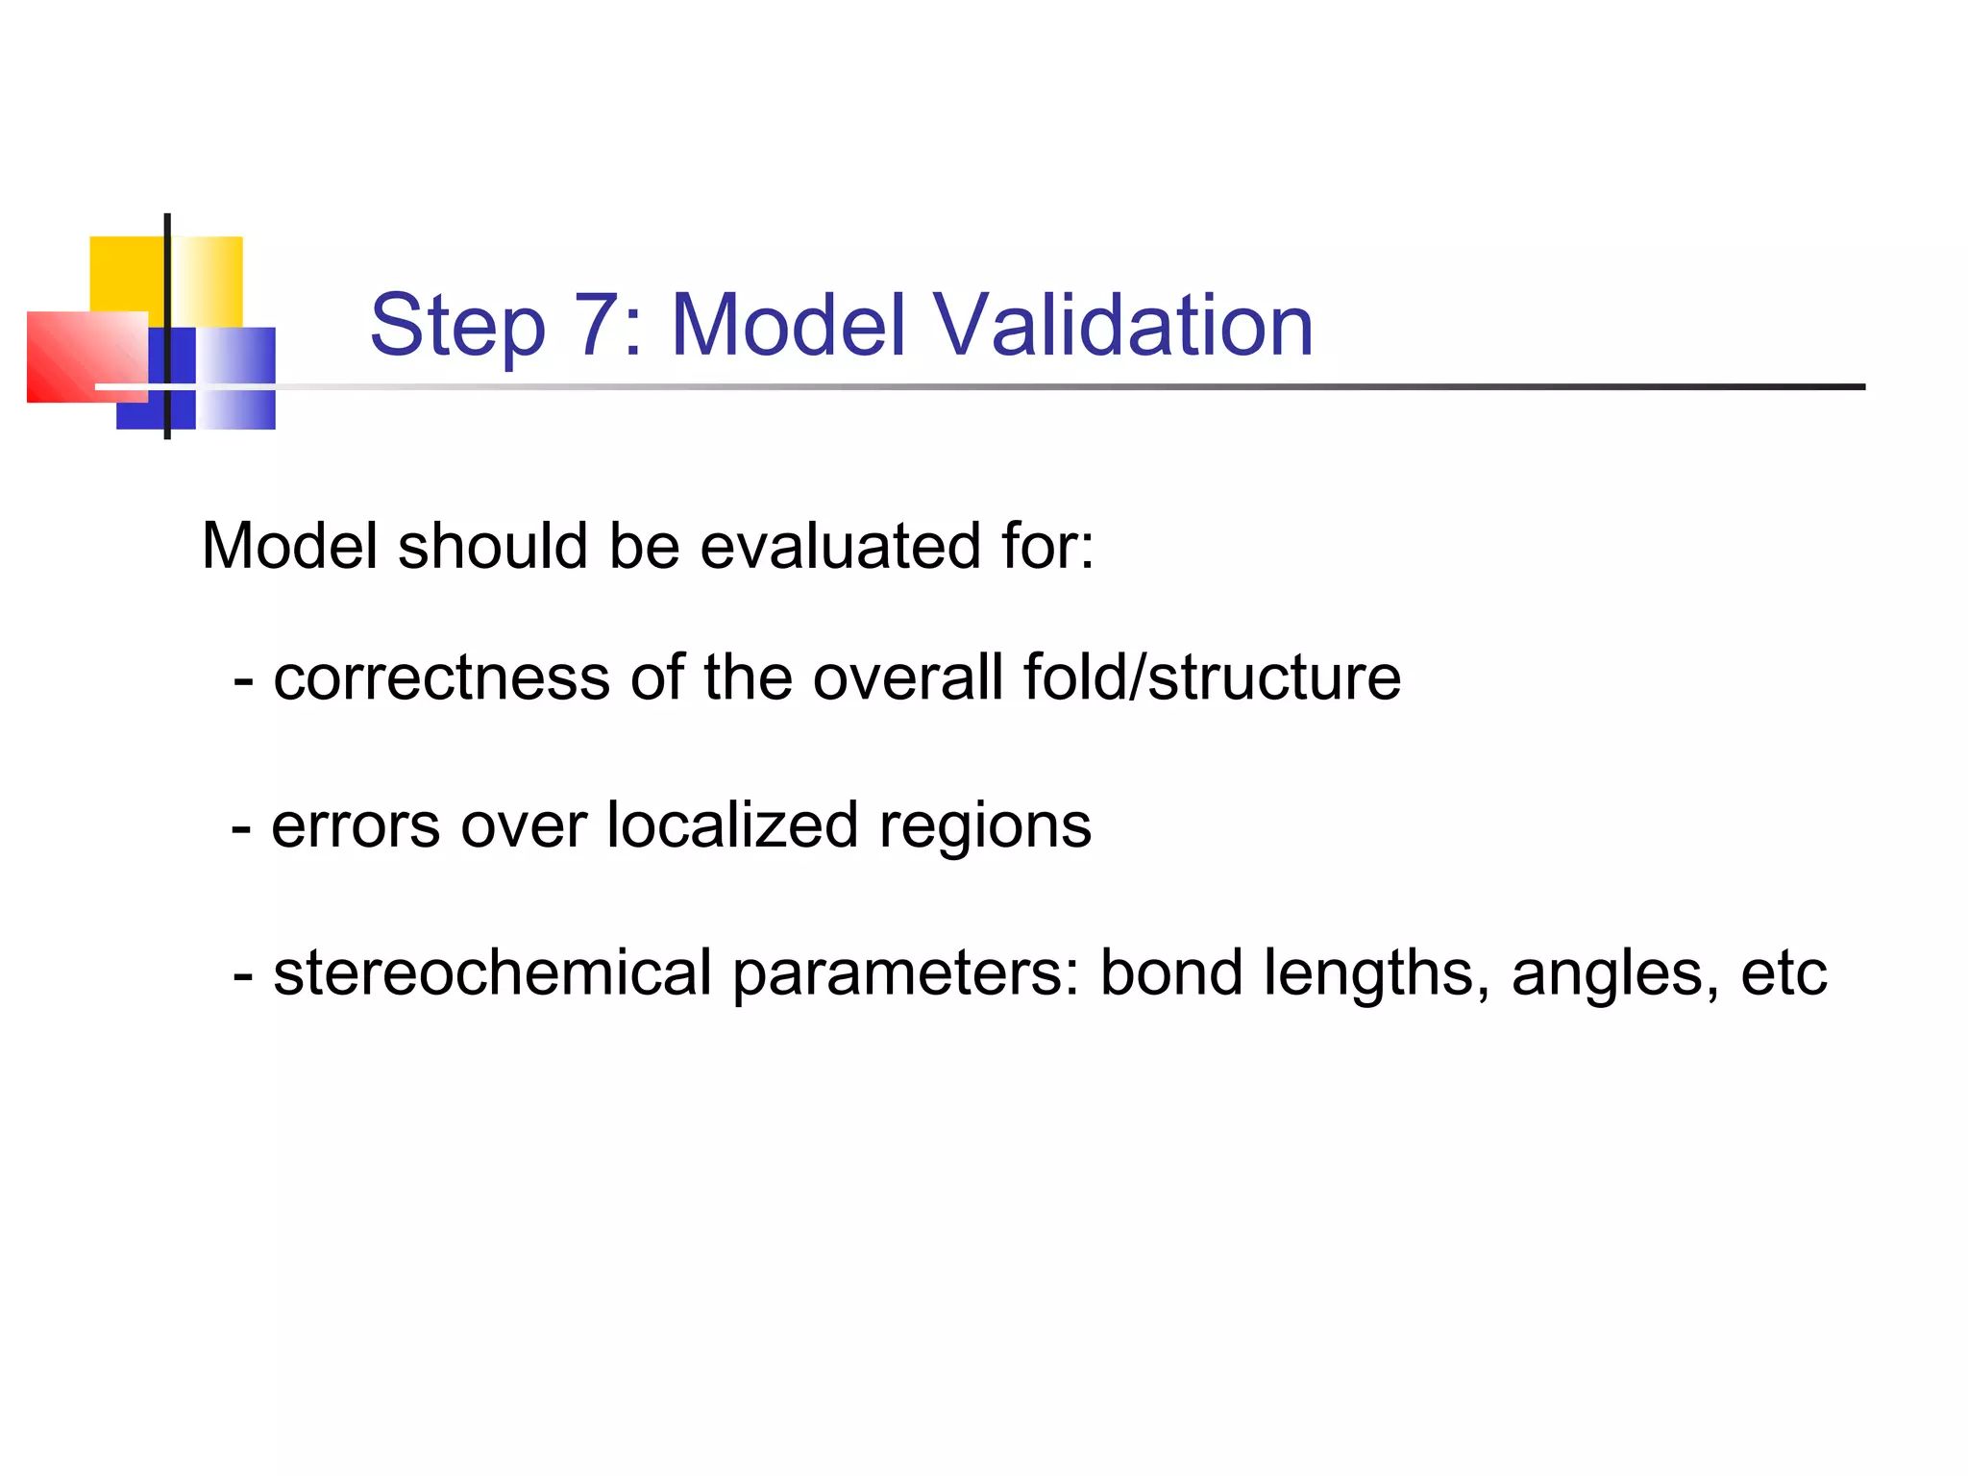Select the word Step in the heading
pyautogui.click(x=457, y=328)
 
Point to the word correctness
pyautogui.click(x=441, y=677)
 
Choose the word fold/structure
pyautogui.click(x=1212, y=677)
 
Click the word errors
pyautogui.click(x=356, y=826)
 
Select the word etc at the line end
pyautogui.click(x=1783, y=973)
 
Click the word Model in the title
pyautogui.click(x=788, y=326)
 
